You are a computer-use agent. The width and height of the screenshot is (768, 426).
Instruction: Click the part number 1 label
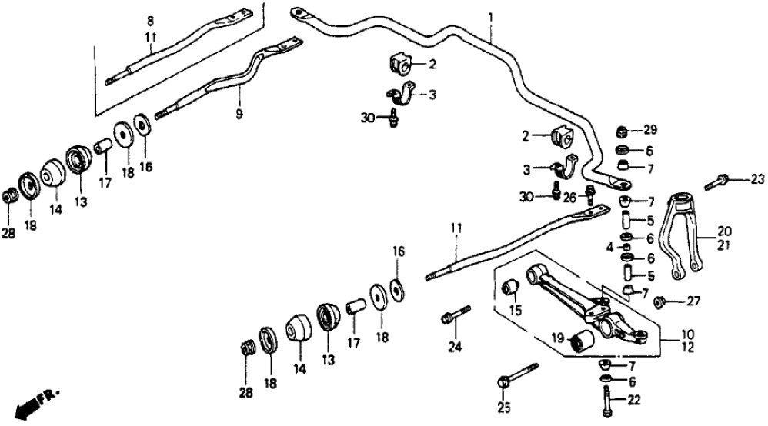(490, 16)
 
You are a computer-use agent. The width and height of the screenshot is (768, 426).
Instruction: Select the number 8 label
(151, 21)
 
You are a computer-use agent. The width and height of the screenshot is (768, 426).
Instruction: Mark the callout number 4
(609, 248)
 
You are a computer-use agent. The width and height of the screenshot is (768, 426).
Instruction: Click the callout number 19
(556, 337)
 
